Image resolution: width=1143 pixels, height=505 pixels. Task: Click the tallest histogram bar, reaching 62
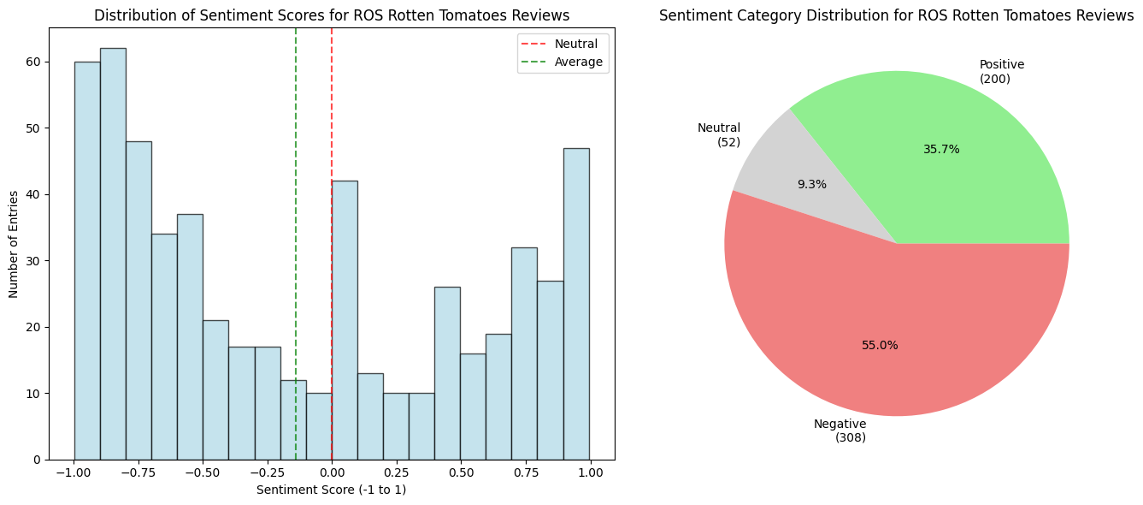coord(113,257)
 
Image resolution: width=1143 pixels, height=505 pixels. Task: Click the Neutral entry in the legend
coord(575,44)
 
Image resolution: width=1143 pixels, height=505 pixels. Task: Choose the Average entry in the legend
coord(578,62)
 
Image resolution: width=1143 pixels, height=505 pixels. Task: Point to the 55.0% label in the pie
coord(880,346)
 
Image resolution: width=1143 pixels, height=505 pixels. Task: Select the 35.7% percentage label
coord(941,150)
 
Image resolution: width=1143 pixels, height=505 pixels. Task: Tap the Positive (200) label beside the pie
coord(1001,72)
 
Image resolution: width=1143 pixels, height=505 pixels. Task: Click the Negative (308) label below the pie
coord(840,431)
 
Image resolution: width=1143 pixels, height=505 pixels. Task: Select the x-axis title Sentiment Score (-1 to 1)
coord(332,490)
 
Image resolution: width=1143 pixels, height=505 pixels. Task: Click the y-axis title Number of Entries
coord(15,244)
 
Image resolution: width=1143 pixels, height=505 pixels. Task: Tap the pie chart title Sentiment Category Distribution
coord(896,16)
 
